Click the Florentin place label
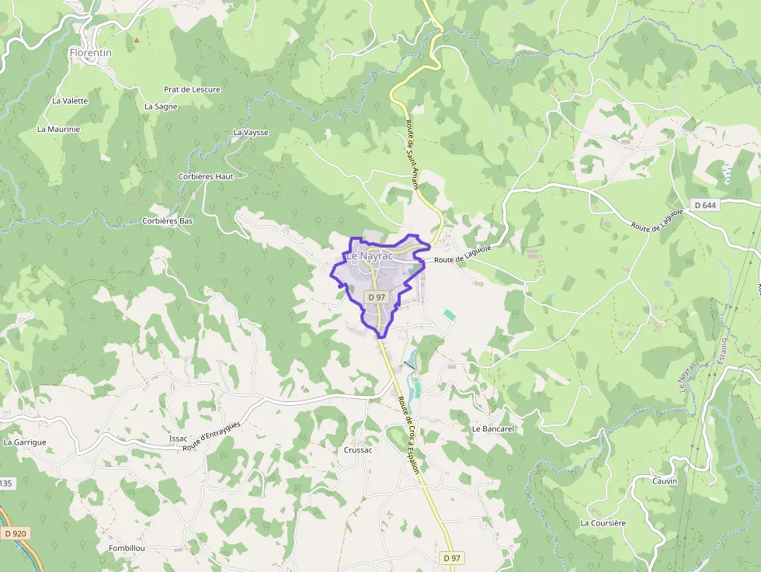coord(90,53)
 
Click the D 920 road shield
coord(15,533)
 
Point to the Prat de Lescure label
coord(192,89)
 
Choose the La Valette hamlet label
coord(70,101)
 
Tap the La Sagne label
coord(161,106)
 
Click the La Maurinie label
coord(58,129)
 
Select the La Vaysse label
coord(250,133)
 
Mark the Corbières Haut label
coord(205,176)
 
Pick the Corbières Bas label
coord(167,221)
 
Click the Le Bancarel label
coord(493,428)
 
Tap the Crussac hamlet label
coord(358,450)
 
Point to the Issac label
coord(178,439)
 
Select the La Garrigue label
coord(25,442)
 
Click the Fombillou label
coord(127,548)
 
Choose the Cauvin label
coord(665,481)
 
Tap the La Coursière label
coord(603,523)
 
